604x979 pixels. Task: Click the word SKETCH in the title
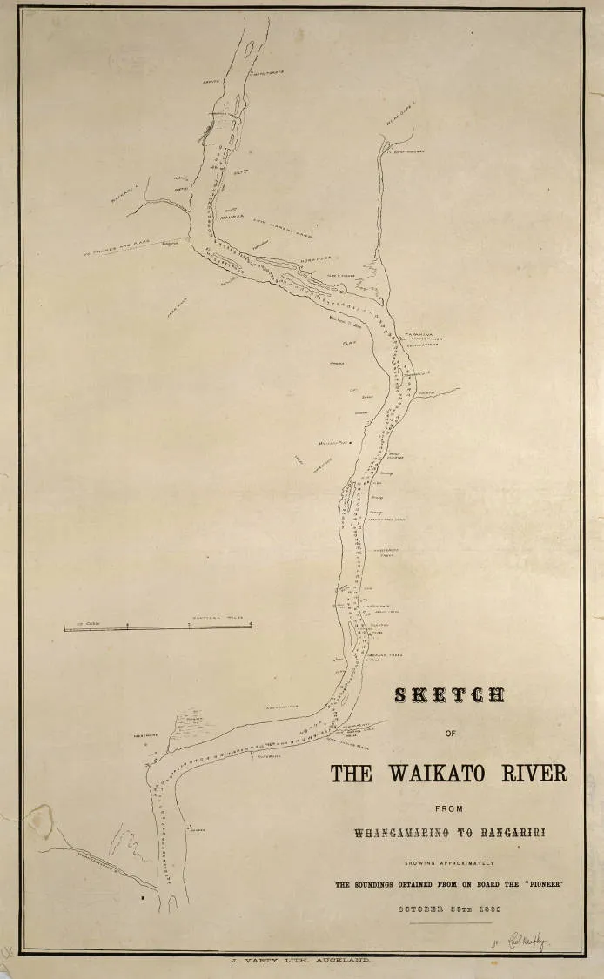tap(449, 695)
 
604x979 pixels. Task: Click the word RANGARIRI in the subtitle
tap(508, 833)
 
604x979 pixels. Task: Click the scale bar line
tap(158, 626)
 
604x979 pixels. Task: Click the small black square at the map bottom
tap(141, 895)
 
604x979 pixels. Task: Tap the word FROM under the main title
tap(449, 808)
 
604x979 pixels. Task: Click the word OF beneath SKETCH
tap(449, 733)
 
